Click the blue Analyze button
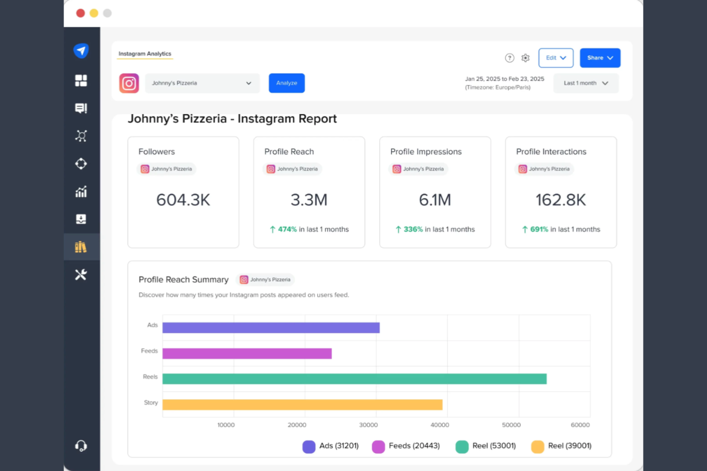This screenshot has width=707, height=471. tap(287, 83)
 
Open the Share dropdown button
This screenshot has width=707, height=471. tap(600, 58)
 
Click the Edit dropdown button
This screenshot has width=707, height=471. tap(556, 58)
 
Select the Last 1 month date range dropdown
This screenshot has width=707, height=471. tap(586, 83)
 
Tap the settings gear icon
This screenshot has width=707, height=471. tap(525, 58)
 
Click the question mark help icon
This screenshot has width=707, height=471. tap(510, 58)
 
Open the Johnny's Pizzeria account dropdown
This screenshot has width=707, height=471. tap(202, 83)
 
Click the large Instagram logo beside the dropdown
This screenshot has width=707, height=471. tap(129, 83)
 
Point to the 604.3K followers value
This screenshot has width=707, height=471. tap(183, 200)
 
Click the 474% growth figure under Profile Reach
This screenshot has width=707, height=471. tap(287, 230)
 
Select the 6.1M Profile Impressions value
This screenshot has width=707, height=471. tap(435, 200)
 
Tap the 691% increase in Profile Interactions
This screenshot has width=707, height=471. tap(539, 230)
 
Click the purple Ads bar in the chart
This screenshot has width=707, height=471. tap(271, 328)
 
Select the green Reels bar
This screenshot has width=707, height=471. tap(354, 379)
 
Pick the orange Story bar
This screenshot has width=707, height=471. tap(302, 405)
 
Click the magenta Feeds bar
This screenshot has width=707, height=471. tap(247, 354)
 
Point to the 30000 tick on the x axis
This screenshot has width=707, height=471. tap(368, 425)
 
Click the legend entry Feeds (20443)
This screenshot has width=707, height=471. tap(406, 446)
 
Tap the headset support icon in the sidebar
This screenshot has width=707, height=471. tap(81, 446)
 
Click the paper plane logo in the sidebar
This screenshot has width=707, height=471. tap(81, 51)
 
